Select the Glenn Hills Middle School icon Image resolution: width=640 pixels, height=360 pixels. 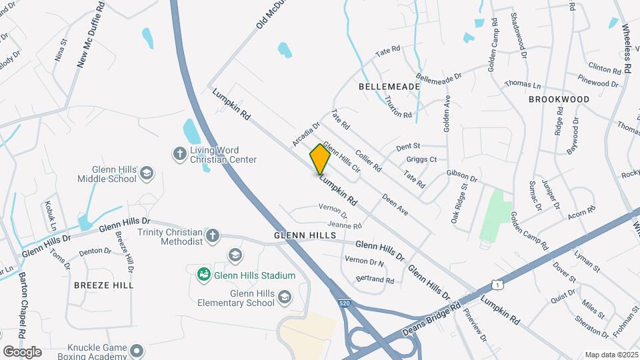[x=147, y=175]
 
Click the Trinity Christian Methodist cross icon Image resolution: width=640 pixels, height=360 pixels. [x=212, y=235]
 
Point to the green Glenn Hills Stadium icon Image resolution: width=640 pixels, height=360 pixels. [x=203, y=275]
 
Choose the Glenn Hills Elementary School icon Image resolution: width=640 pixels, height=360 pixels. [x=285, y=297]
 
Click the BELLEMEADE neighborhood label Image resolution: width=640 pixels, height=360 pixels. [x=389, y=87]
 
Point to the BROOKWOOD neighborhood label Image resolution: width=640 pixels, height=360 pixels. [x=559, y=99]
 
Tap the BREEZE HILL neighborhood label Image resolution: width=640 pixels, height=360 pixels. [x=103, y=285]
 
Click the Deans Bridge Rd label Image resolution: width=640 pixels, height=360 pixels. [x=432, y=320]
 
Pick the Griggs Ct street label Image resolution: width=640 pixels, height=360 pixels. [x=421, y=159]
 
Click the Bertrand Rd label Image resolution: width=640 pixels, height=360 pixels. [x=375, y=281]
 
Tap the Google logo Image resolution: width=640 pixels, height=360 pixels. [x=22, y=351]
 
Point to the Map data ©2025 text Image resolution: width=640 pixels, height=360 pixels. [x=610, y=355]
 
